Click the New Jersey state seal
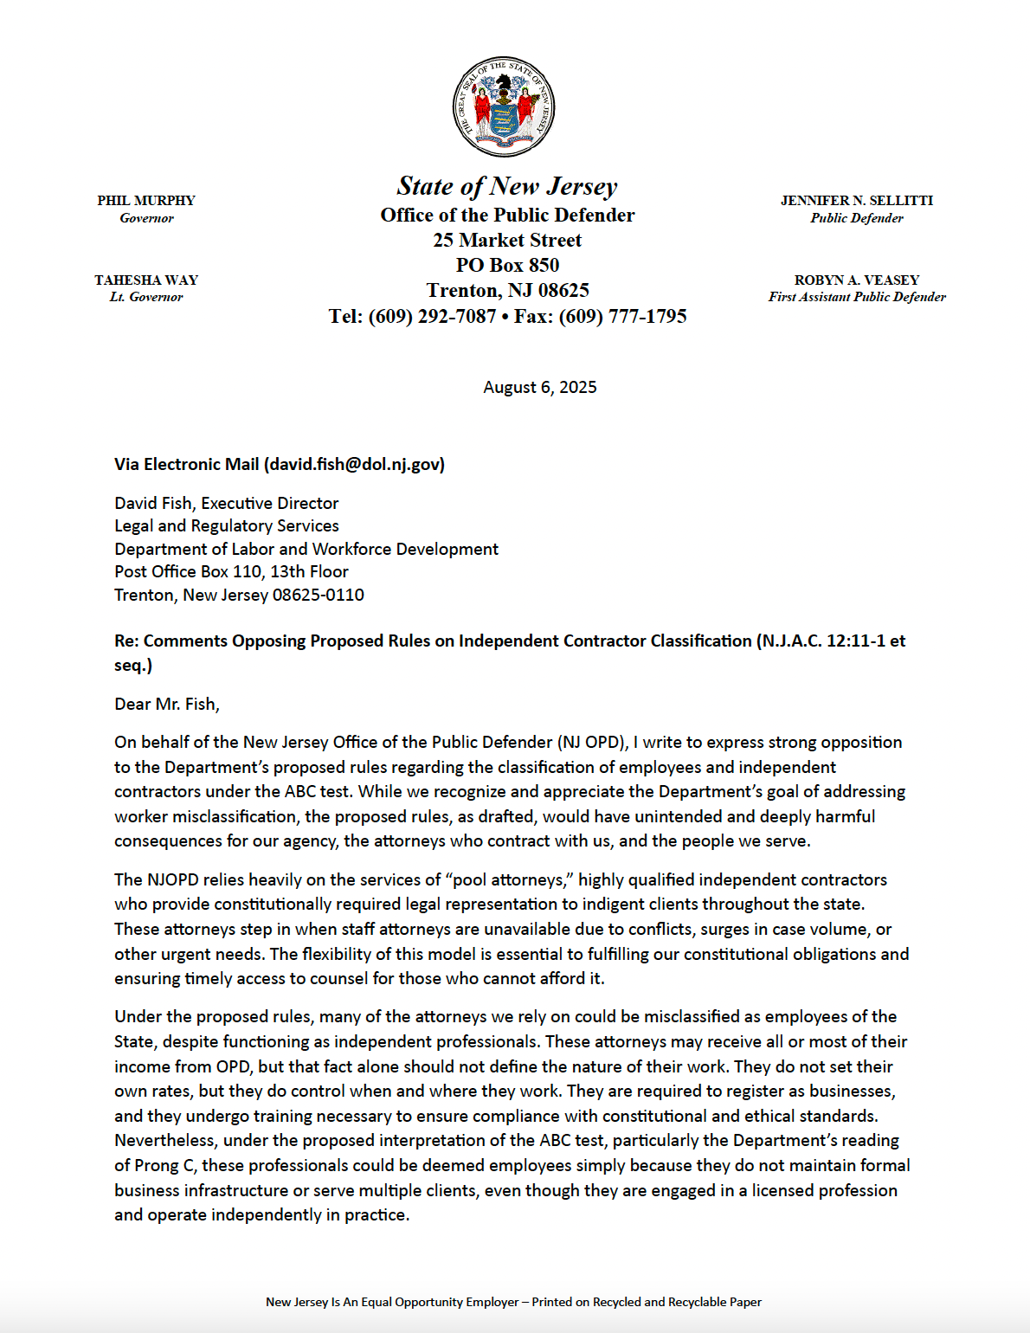pos(504,107)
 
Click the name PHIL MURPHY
pos(146,201)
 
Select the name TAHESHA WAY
pos(146,280)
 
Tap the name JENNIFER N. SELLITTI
pos(857,201)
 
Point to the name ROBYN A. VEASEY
pos(857,280)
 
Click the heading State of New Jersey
pos(507,186)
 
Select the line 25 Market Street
pos(507,241)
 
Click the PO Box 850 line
pos(507,266)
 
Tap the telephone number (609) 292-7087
pos(432,317)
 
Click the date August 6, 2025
pos(540,387)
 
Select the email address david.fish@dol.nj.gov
pos(354,464)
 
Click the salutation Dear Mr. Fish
pos(166,704)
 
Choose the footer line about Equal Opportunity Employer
pos(513,1302)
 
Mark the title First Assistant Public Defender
pos(857,297)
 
